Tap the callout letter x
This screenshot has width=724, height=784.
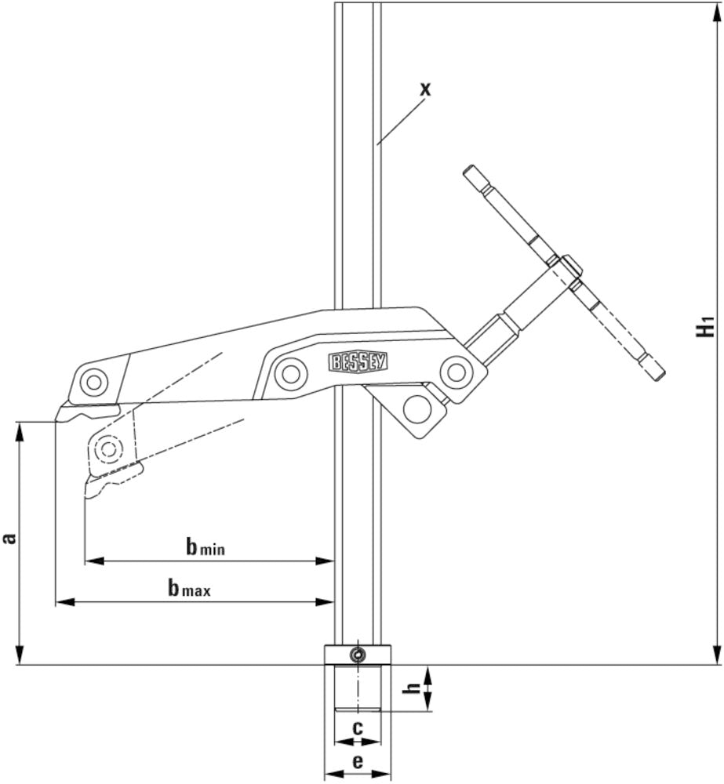coord(424,89)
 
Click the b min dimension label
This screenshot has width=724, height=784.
coord(205,547)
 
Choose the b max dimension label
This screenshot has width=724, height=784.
coord(189,589)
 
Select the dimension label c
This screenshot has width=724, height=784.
coord(358,728)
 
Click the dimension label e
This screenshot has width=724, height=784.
coord(358,760)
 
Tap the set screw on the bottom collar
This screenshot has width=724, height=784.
coord(358,655)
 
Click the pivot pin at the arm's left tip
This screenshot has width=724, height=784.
coord(96,382)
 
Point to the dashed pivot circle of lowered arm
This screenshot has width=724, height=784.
coord(107,448)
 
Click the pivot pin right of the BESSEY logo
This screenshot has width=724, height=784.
coord(455,372)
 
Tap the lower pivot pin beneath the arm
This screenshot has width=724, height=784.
coord(417,407)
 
